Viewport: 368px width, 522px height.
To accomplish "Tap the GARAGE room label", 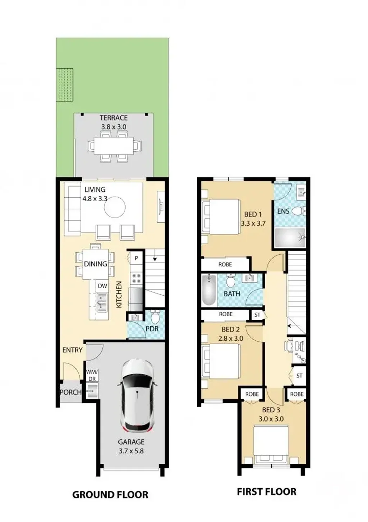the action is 131,442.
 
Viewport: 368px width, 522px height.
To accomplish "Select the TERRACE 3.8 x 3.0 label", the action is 114,122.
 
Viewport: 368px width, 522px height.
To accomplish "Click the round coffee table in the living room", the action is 115,207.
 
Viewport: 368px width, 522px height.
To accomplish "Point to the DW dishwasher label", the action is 102,286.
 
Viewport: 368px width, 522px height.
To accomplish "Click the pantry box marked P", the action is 137,258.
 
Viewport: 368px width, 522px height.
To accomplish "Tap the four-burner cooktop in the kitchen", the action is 137,278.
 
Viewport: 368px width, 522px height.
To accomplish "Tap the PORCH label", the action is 71,392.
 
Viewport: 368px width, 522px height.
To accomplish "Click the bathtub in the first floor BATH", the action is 209,290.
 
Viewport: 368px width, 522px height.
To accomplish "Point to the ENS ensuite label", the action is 283,211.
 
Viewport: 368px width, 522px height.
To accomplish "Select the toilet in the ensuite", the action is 299,211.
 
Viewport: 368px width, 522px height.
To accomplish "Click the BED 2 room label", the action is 230,329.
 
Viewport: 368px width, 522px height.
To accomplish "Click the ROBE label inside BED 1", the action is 225,264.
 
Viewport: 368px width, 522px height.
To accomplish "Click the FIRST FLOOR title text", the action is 267,491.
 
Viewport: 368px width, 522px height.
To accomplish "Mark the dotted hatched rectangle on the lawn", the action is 65,85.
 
